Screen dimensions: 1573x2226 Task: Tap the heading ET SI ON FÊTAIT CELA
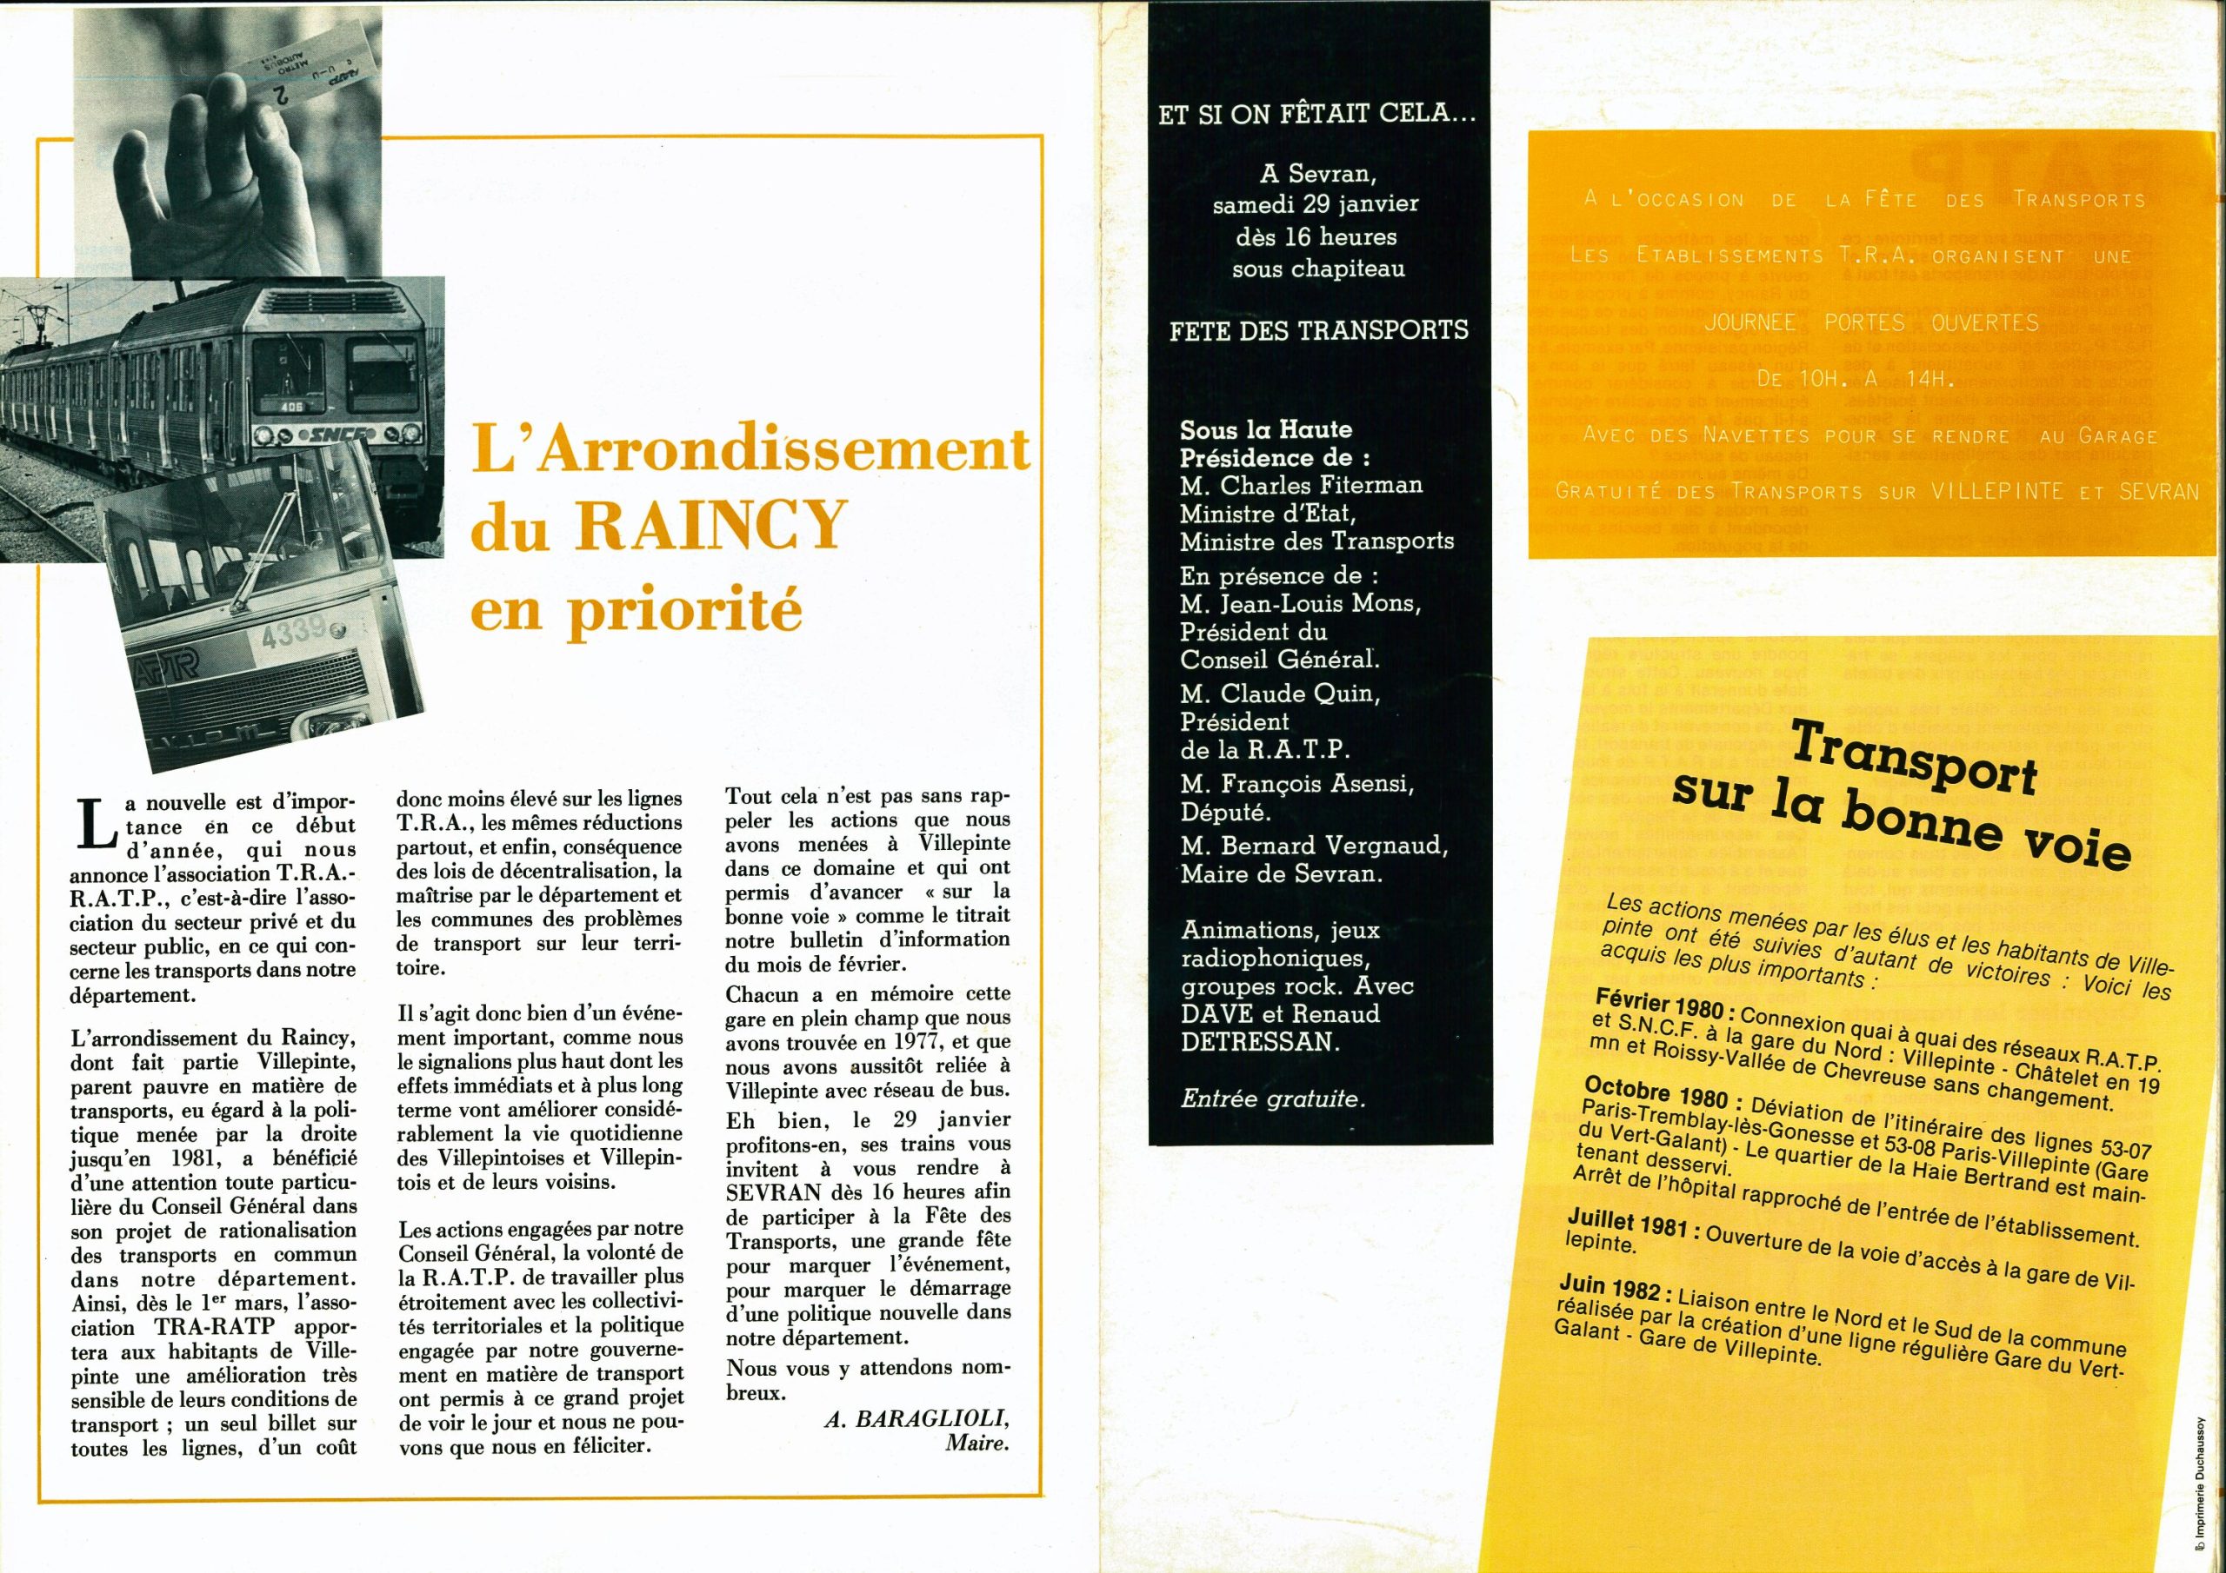coord(1317,113)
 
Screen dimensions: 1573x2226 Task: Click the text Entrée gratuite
coord(1271,1099)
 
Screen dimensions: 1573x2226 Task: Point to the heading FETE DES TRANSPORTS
coord(1318,329)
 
